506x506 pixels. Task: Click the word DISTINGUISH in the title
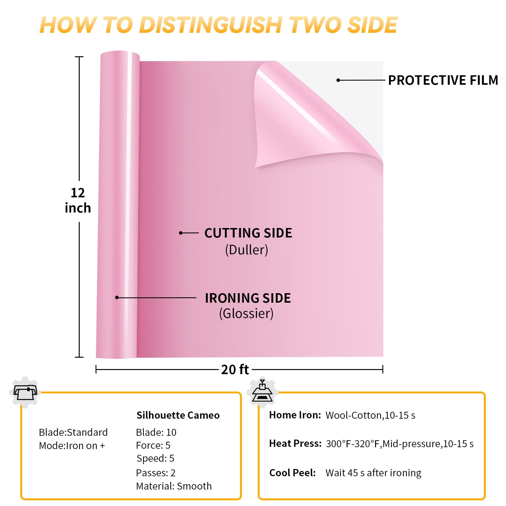coord(210,25)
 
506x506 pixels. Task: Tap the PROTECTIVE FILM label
coord(443,80)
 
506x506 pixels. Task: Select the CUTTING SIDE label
coord(248,233)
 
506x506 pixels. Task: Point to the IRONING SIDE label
coord(248,298)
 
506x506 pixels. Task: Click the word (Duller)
coord(246,250)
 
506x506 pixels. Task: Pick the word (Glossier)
coord(246,313)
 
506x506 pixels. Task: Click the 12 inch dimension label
coord(78,201)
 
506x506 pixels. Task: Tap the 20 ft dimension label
coord(235,369)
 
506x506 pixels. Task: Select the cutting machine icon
coord(25,392)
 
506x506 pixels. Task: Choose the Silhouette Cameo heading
coord(178,415)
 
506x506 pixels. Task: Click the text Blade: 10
coord(156,432)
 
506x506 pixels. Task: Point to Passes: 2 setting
coord(156,473)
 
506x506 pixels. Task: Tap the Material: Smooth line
coord(174,486)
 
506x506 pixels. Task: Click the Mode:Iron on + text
coord(72,446)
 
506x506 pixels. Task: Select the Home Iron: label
coord(295,415)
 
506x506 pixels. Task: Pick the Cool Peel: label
coord(293,473)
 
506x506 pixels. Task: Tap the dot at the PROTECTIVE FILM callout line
coord(338,80)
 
